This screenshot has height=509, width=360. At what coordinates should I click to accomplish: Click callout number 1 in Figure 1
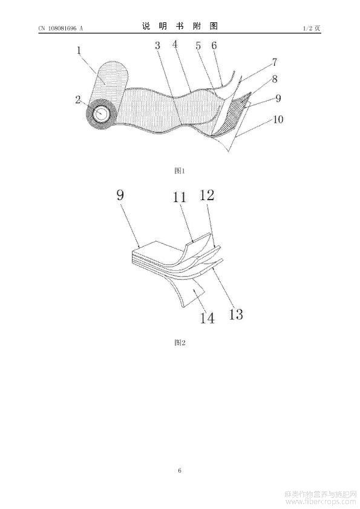click(79, 50)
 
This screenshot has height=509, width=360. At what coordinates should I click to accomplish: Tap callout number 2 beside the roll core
click(77, 99)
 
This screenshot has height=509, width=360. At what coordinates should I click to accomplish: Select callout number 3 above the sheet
click(157, 45)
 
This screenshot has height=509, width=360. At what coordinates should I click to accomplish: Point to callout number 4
click(175, 44)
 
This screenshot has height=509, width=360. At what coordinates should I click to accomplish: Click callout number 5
click(198, 46)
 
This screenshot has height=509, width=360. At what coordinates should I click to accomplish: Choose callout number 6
click(214, 45)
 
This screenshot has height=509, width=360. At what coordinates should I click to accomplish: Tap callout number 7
click(275, 62)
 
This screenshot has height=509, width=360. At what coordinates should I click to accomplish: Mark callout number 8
click(275, 79)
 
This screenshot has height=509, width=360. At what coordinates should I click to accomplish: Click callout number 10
click(278, 119)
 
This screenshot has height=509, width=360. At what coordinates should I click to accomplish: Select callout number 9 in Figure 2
click(120, 195)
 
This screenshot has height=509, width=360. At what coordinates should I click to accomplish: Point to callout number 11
click(179, 197)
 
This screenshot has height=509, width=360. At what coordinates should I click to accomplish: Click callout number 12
click(207, 195)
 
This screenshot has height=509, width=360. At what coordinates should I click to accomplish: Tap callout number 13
click(236, 314)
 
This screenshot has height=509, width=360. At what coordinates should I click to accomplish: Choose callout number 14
click(207, 318)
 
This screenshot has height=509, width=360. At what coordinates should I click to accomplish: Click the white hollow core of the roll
click(102, 114)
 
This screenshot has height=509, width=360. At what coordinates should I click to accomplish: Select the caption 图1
click(179, 170)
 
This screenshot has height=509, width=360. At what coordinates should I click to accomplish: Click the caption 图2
click(180, 342)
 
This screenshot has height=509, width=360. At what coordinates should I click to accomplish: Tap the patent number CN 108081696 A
click(61, 28)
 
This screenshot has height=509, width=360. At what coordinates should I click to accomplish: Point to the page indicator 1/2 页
click(312, 28)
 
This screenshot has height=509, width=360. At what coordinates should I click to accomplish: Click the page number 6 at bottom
click(180, 470)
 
